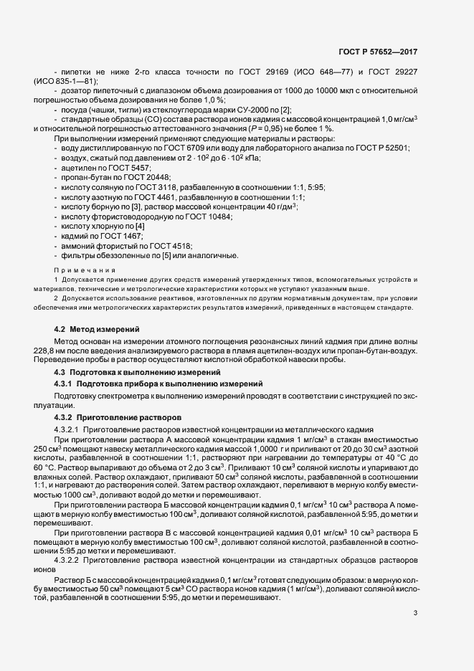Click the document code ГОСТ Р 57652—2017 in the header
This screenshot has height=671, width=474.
(379, 52)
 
